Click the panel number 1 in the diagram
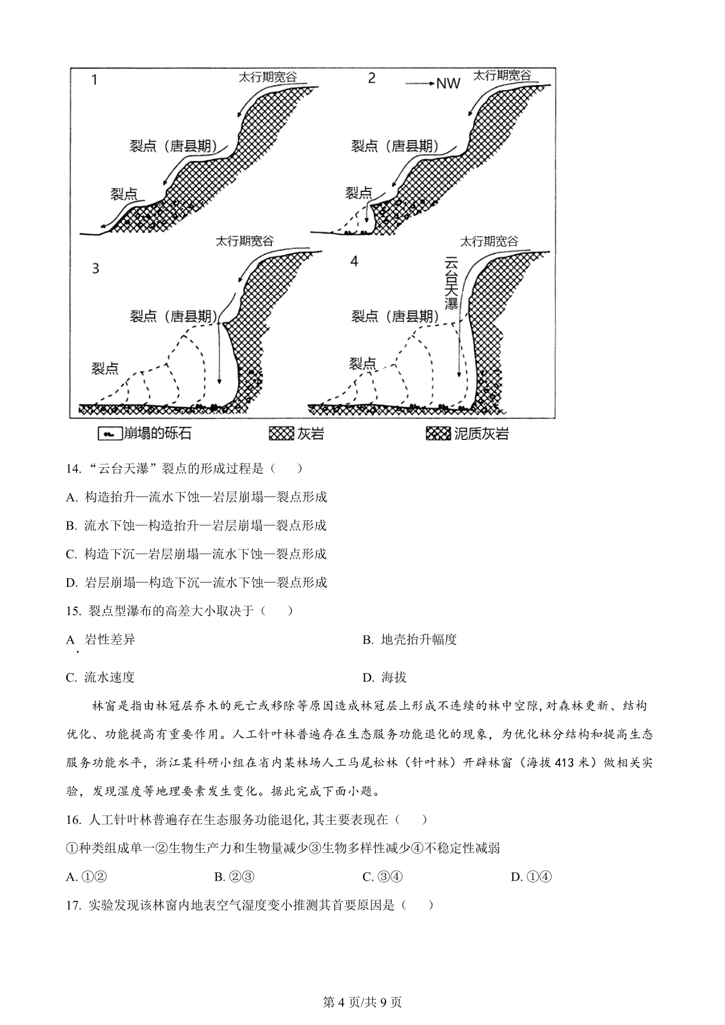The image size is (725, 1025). pos(95,80)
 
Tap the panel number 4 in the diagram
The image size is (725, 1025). pos(354,261)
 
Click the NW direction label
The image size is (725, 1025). pos(448,83)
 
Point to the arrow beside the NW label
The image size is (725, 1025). pos(418,83)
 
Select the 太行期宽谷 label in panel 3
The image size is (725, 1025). pos(245,241)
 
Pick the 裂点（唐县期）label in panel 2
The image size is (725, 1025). pos(395,146)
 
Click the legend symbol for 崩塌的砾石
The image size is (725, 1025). pos(109,433)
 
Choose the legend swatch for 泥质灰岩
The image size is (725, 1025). pos(438,433)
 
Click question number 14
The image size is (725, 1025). pos(73,468)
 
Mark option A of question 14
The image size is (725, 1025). pos(196,497)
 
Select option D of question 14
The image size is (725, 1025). pos(196,583)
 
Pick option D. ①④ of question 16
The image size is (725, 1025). pos(531,877)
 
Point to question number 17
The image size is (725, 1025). pos(73,905)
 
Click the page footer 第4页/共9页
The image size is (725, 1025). pos(362,1002)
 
